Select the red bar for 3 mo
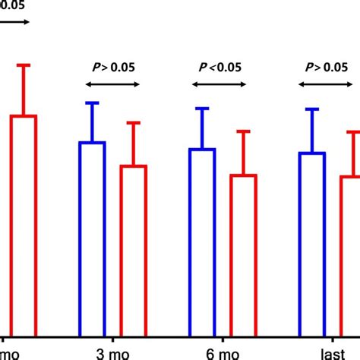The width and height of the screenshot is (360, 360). [134, 250]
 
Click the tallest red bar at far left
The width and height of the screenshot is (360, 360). [23, 224]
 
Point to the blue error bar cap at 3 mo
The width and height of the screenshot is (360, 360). [92, 103]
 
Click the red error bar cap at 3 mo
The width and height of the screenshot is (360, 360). [134, 122]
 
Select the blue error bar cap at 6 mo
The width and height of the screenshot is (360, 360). [202, 109]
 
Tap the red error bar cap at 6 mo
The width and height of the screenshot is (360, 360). [244, 131]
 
